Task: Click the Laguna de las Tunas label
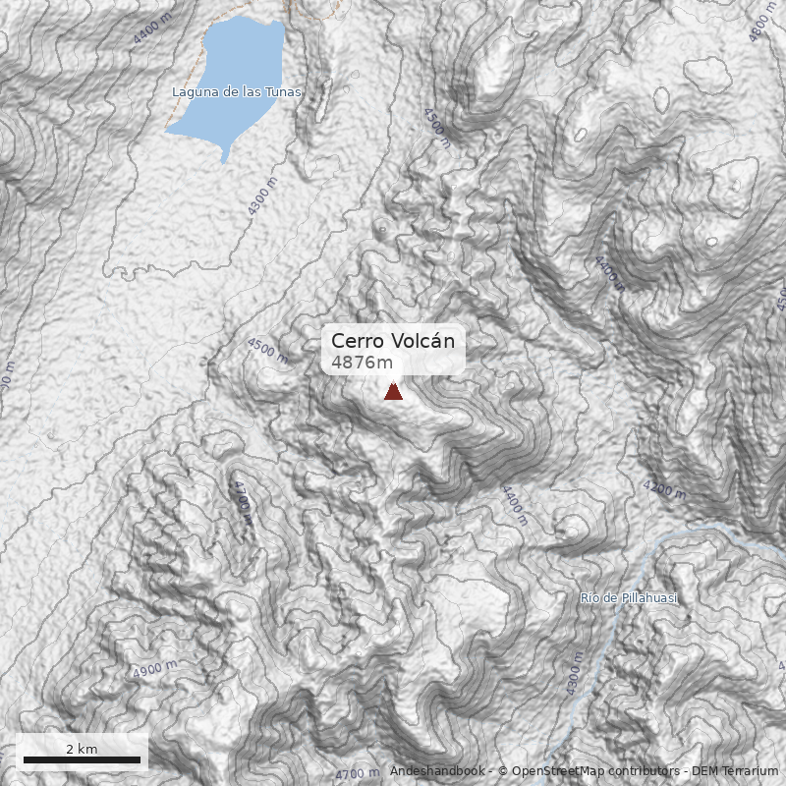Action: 237,92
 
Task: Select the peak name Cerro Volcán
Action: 393,341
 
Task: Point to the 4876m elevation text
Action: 363,363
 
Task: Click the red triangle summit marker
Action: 393,392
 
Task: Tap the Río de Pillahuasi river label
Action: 629,597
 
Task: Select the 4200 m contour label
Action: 664,487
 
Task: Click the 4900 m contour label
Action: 154,671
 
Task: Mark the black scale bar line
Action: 82,760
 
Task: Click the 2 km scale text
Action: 82,749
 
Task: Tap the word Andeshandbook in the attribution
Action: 437,771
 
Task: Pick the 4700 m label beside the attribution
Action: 358,774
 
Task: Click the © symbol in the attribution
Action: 503,771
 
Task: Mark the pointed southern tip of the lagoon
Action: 225,161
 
